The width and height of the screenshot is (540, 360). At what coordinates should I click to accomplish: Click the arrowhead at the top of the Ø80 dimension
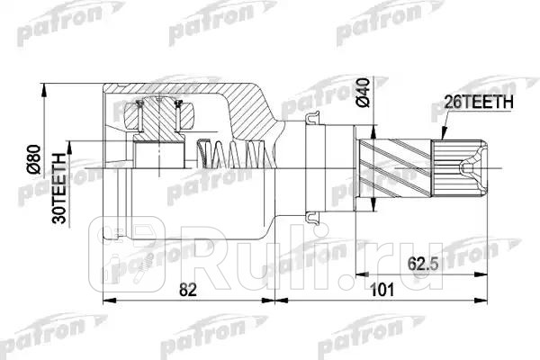point(45,87)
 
